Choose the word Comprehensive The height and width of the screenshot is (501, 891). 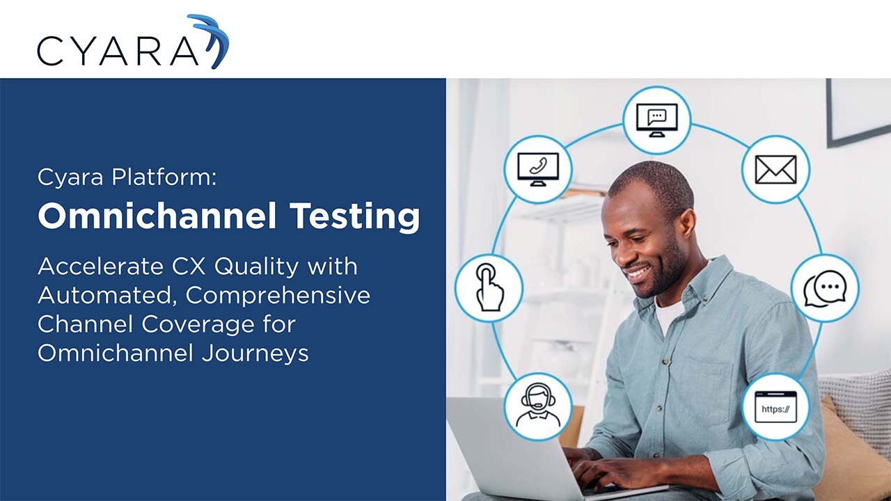(278, 296)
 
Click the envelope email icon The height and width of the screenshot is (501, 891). (775, 169)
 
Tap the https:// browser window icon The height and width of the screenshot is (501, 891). (775, 407)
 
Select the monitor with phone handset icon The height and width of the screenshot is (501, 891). (537, 169)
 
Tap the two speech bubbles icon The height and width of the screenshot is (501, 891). (825, 288)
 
